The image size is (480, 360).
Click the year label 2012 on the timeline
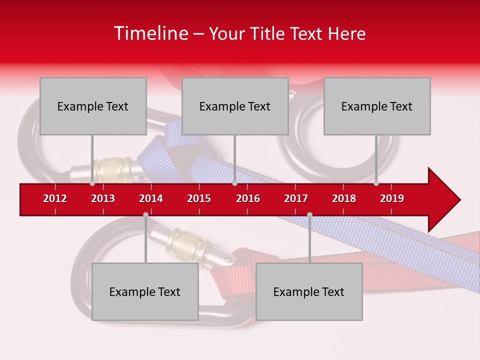click(x=55, y=198)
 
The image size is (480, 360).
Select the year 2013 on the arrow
click(x=103, y=198)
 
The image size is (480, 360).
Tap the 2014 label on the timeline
click(x=151, y=198)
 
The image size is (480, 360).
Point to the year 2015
click(x=199, y=198)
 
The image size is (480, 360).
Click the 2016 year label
click(x=248, y=198)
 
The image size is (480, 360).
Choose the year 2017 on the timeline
click(x=296, y=198)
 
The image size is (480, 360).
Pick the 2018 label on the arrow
click(x=344, y=198)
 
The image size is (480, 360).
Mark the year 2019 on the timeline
click(x=392, y=198)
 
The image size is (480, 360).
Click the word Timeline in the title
click(x=150, y=33)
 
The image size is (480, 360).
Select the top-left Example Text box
click(x=93, y=106)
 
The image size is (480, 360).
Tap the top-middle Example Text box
click(x=235, y=106)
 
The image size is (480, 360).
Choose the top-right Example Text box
click(x=377, y=106)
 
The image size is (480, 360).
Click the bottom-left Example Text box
click(x=145, y=291)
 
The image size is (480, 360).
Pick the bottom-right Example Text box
click(x=309, y=291)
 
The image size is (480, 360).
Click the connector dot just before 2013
click(x=92, y=183)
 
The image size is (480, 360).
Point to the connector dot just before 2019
click(x=376, y=183)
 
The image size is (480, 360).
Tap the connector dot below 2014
click(x=145, y=215)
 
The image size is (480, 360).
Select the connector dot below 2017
click(x=309, y=215)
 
